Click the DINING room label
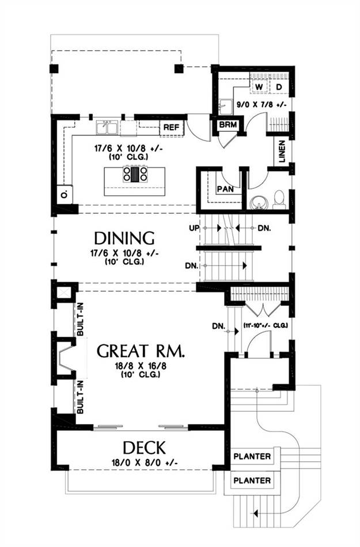[124, 238]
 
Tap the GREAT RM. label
[141, 351]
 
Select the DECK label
[144, 447]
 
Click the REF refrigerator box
[171, 128]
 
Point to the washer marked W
[259, 86]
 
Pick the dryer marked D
[279, 86]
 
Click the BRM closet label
[228, 125]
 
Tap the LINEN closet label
[282, 153]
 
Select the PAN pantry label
[225, 189]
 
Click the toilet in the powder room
[279, 200]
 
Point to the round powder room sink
[259, 202]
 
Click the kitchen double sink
[107, 127]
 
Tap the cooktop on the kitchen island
[135, 174]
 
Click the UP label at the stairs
[194, 228]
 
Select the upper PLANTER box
[252, 456]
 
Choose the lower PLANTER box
[252, 480]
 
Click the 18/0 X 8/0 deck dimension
[145, 463]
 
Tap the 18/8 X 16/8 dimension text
[140, 366]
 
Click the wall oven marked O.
[64, 194]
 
